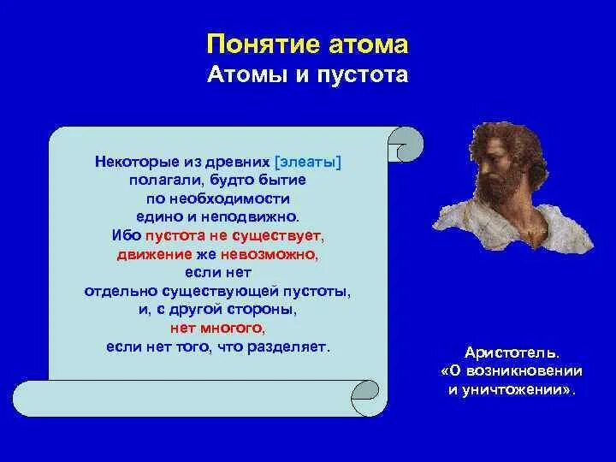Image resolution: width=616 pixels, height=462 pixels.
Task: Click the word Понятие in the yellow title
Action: click(260, 44)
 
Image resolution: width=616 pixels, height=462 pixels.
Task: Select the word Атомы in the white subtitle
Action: click(246, 74)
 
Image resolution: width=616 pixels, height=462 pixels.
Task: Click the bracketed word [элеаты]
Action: click(308, 162)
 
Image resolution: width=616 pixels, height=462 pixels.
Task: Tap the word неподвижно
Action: click(250, 216)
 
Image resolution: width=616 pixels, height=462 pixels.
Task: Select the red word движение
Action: click(154, 255)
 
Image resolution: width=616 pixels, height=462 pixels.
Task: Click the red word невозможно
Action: click(269, 255)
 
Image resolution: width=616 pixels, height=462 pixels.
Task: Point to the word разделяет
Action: click(288, 347)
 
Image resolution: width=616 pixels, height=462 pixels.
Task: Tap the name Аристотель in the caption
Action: click(511, 352)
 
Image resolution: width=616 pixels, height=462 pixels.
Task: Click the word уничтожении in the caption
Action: click(517, 390)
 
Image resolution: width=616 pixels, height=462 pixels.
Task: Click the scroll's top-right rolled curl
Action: click(406, 144)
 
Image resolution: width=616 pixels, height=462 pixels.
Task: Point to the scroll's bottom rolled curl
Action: click(365, 399)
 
